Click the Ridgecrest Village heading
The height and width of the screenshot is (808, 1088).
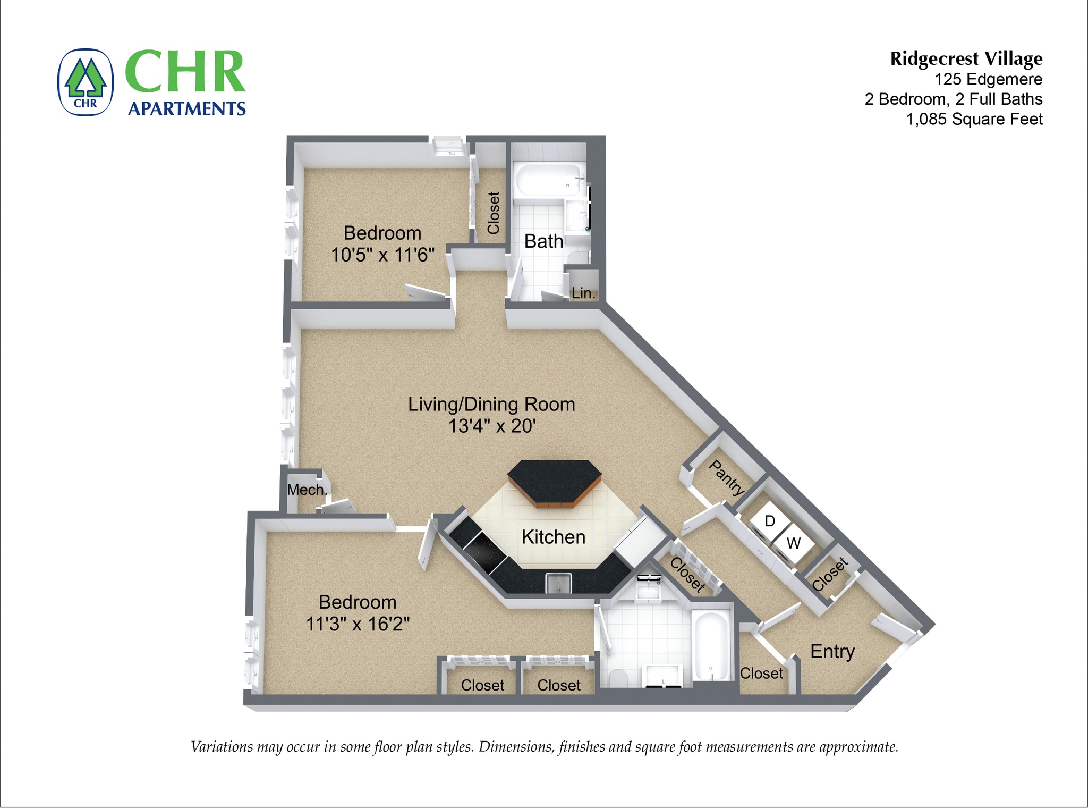point(966,58)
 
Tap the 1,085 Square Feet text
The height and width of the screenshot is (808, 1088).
point(974,119)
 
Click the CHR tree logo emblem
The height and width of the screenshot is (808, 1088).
point(86,82)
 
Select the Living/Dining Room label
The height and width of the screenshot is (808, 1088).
point(491,405)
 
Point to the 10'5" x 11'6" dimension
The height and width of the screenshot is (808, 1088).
point(382,255)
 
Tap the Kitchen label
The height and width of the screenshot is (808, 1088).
point(553,537)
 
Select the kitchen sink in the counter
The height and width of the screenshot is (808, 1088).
point(558,583)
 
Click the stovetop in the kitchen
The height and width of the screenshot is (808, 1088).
point(484,551)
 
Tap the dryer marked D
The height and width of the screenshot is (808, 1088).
point(769,521)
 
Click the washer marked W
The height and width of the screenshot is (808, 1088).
point(793,543)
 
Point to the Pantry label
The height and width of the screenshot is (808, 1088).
point(727,477)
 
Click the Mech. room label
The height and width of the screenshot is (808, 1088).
point(307,490)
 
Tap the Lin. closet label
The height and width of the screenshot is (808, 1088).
point(583,293)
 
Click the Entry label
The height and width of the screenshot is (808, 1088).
point(832,651)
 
